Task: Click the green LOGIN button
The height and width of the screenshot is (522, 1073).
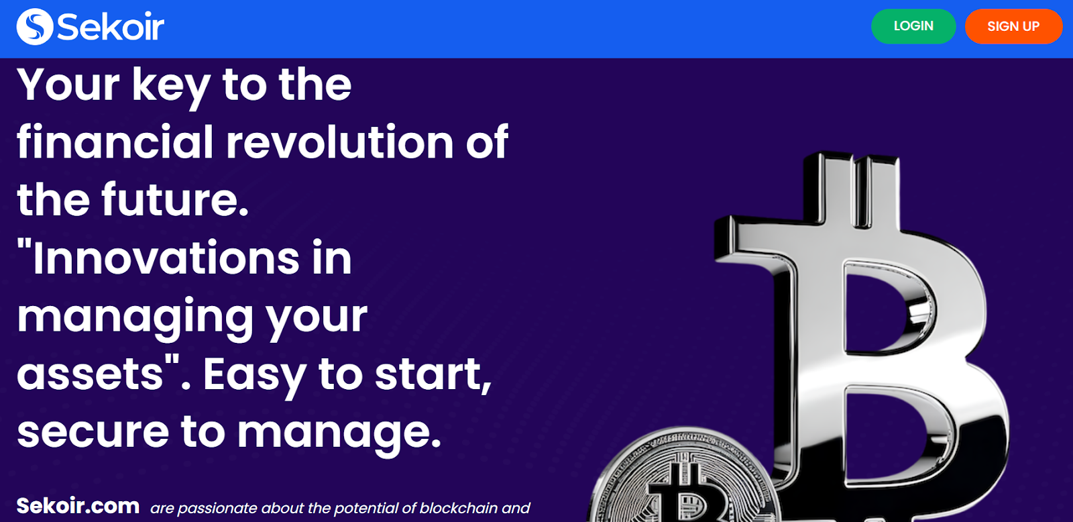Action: (913, 26)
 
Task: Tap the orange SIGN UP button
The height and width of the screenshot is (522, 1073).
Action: (1013, 26)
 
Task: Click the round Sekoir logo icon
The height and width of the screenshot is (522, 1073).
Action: (34, 26)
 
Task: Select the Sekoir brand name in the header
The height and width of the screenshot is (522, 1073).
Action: (111, 27)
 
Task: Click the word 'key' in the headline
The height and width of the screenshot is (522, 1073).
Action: (171, 87)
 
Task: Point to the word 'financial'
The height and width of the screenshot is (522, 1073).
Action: (115, 142)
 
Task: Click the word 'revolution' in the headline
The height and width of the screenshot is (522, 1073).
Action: (339, 142)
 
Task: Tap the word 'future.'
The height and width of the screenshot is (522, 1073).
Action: (175, 199)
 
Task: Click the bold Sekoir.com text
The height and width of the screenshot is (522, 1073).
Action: (78, 506)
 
